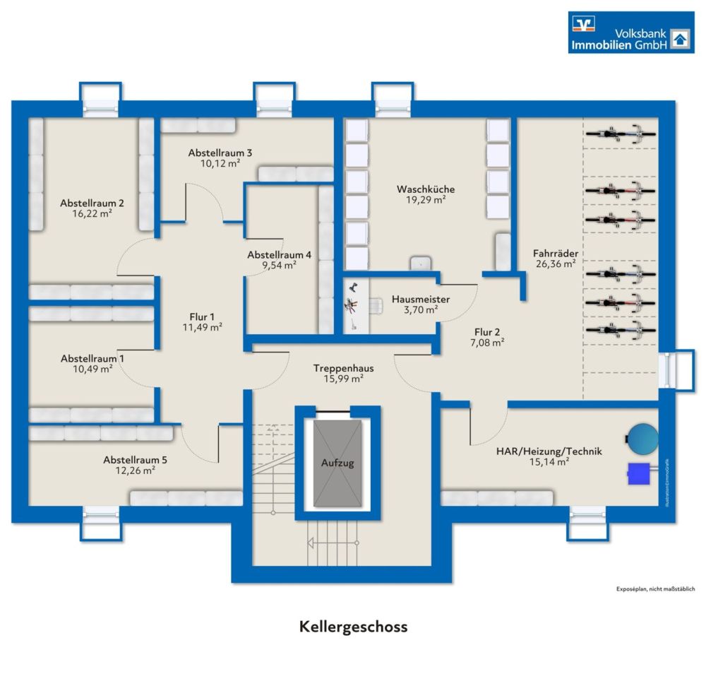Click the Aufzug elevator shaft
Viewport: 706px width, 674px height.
tap(337, 463)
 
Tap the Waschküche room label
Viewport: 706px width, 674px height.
tap(425, 189)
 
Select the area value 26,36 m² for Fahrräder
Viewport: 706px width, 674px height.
tap(554, 262)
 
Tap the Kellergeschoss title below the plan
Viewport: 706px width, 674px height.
tap(353, 627)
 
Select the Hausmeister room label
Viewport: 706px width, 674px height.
tap(421, 299)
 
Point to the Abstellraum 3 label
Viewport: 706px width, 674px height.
tap(220, 153)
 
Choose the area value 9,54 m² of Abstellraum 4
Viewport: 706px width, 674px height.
tap(279, 266)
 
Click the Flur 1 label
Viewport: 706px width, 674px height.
tap(202, 317)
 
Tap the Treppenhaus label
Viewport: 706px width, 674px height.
tap(344, 368)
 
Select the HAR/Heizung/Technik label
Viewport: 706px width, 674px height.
tap(548, 451)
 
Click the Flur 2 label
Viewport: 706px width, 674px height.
tap(489, 331)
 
